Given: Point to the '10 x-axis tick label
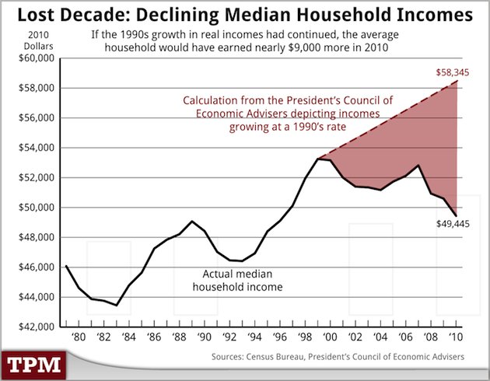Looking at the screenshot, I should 457,337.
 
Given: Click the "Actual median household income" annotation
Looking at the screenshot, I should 243,280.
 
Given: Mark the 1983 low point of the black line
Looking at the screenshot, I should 117,305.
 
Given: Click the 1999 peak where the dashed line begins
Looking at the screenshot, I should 319,159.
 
